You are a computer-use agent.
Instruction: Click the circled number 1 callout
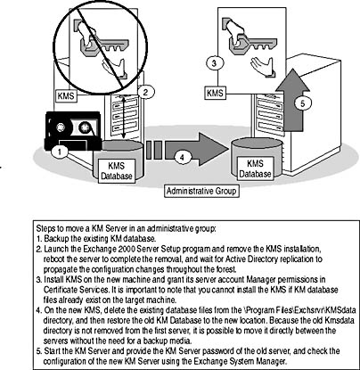tap(60, 152)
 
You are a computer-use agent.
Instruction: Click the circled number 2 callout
tap(145, 92)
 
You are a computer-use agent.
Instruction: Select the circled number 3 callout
tap(215, 63)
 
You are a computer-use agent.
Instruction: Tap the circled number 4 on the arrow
tap(183, 157)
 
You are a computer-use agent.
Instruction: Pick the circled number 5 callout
tap(302, 103)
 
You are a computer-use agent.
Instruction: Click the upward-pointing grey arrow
tap(293, 100)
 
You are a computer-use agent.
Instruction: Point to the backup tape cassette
tap(72, 130)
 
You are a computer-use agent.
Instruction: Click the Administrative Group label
tap(201, 191)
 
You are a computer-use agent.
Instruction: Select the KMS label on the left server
tap(66, 96)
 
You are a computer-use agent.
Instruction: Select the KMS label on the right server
tap(215, 93)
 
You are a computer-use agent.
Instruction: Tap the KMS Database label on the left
tap(117, 170)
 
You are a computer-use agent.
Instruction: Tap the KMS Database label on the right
tap(255, 169)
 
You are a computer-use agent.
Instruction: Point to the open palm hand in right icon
tap(263, 67)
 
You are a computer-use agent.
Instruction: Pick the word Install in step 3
tap(53, 280)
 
